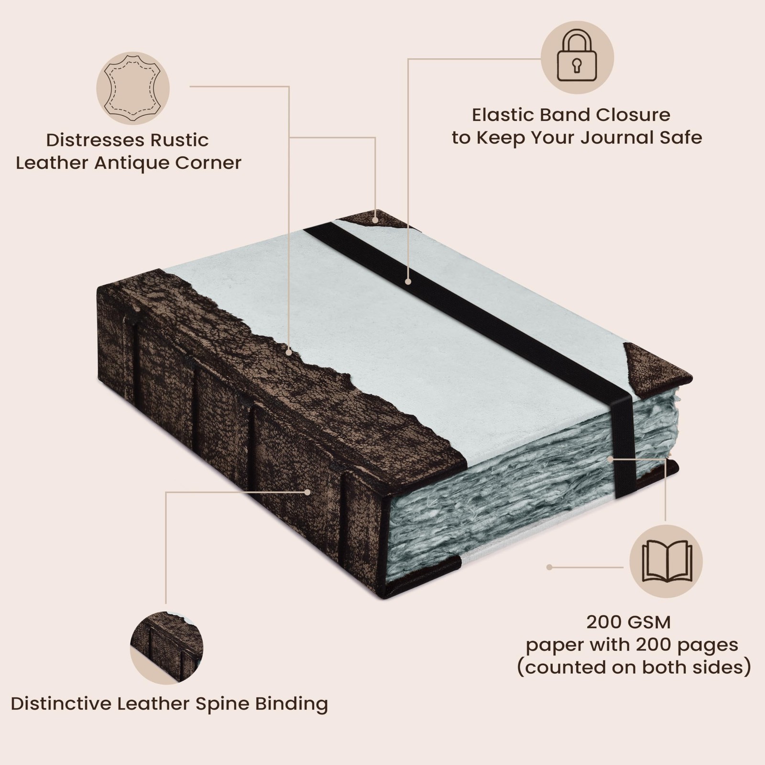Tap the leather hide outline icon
coord(132,88)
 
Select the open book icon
coord(666,561)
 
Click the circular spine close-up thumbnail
coord(166,647)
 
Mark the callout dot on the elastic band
coord(408,282)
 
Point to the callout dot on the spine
coord(308,492)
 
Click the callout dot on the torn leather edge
coord(289,352)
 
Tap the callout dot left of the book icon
coord(549,567)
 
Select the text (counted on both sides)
coord(634,667)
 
